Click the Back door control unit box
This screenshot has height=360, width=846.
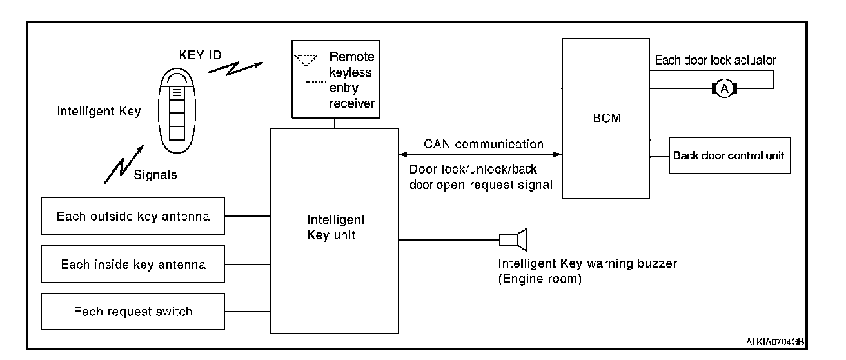[729, 155]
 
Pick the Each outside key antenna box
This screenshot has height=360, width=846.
[133, 216]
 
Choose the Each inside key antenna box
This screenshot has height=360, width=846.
[133, 264]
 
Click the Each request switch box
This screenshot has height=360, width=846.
[133, 312]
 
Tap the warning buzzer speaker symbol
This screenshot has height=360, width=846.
[515, 240]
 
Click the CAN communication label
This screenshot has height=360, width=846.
[483, 144]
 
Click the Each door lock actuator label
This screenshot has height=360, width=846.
[715, 60]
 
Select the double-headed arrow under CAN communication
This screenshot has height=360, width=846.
[480, 155]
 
